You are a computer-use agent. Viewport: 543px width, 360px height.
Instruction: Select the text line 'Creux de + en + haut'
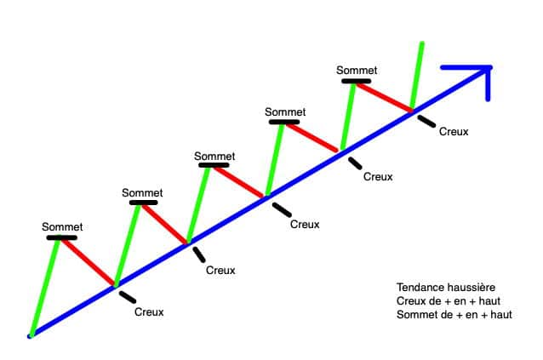pos(446,301)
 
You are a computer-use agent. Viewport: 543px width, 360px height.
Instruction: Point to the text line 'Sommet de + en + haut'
pos(454,315)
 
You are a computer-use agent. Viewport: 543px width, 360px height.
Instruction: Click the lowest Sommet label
pos(62,226)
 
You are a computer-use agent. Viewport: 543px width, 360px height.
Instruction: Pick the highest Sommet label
pos(357,71)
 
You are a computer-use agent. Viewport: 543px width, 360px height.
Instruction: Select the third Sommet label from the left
pos(214,156)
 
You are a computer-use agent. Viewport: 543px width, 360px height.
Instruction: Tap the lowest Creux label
pos(149,311)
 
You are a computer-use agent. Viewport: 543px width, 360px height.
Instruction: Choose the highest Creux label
pos(454,131)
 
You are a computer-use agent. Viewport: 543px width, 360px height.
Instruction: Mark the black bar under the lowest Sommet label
pos(61,237)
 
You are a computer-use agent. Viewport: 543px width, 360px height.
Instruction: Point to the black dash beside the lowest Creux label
pos(127,296)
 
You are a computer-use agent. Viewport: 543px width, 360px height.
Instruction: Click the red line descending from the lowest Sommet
pos(88,261)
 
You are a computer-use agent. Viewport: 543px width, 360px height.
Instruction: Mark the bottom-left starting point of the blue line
pos(30,336)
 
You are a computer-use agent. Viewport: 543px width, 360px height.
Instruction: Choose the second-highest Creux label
pos(378,177)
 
